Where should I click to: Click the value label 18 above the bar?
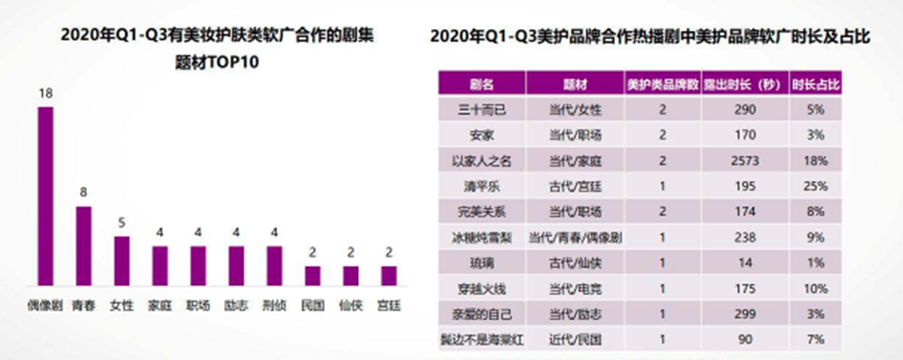point(45,94)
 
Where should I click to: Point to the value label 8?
point(84,194)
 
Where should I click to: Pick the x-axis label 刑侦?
point(274,305)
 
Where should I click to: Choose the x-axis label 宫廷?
point(389,305)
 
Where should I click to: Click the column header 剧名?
point(481,81)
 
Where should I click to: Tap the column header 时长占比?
point(818,81)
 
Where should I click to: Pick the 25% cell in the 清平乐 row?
point(818,184)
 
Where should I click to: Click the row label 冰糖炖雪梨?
point(481,235)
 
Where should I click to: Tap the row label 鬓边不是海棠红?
point(481,340)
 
